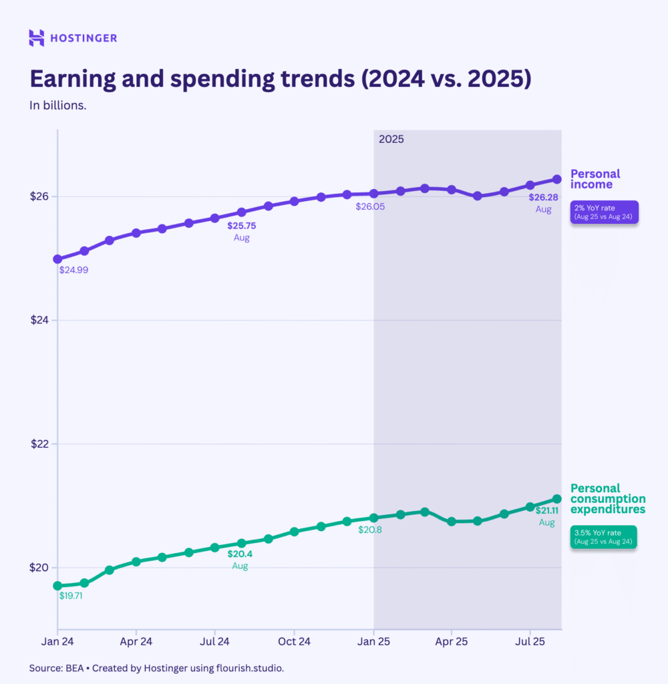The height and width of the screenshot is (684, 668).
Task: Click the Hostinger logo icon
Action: point(37,38)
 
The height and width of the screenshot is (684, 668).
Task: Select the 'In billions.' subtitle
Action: point(57,106)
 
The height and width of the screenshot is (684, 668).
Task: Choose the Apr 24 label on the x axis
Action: point(136,641)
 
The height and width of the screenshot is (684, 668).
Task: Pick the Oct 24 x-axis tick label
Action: point(294,641)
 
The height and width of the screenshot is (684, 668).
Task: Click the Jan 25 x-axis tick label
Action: point(373,641)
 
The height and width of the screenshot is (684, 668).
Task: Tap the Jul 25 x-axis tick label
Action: point(530,641)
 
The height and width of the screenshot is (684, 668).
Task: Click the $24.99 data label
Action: point(73,271)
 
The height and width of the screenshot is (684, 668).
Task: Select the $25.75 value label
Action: point(242,226)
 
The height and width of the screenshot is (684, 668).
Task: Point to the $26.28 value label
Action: point(543,197)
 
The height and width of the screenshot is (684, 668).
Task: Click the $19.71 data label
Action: point(71,595)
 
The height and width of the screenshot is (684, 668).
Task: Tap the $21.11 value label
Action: point(546,511)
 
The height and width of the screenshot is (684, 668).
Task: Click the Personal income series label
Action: point(595,179)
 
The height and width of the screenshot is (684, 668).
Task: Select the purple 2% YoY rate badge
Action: point(604,212)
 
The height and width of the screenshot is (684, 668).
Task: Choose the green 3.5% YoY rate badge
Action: point(603,537)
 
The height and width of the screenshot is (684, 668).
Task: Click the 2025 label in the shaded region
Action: point(391,140)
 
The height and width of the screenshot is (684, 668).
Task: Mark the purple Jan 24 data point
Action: point(57,259)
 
